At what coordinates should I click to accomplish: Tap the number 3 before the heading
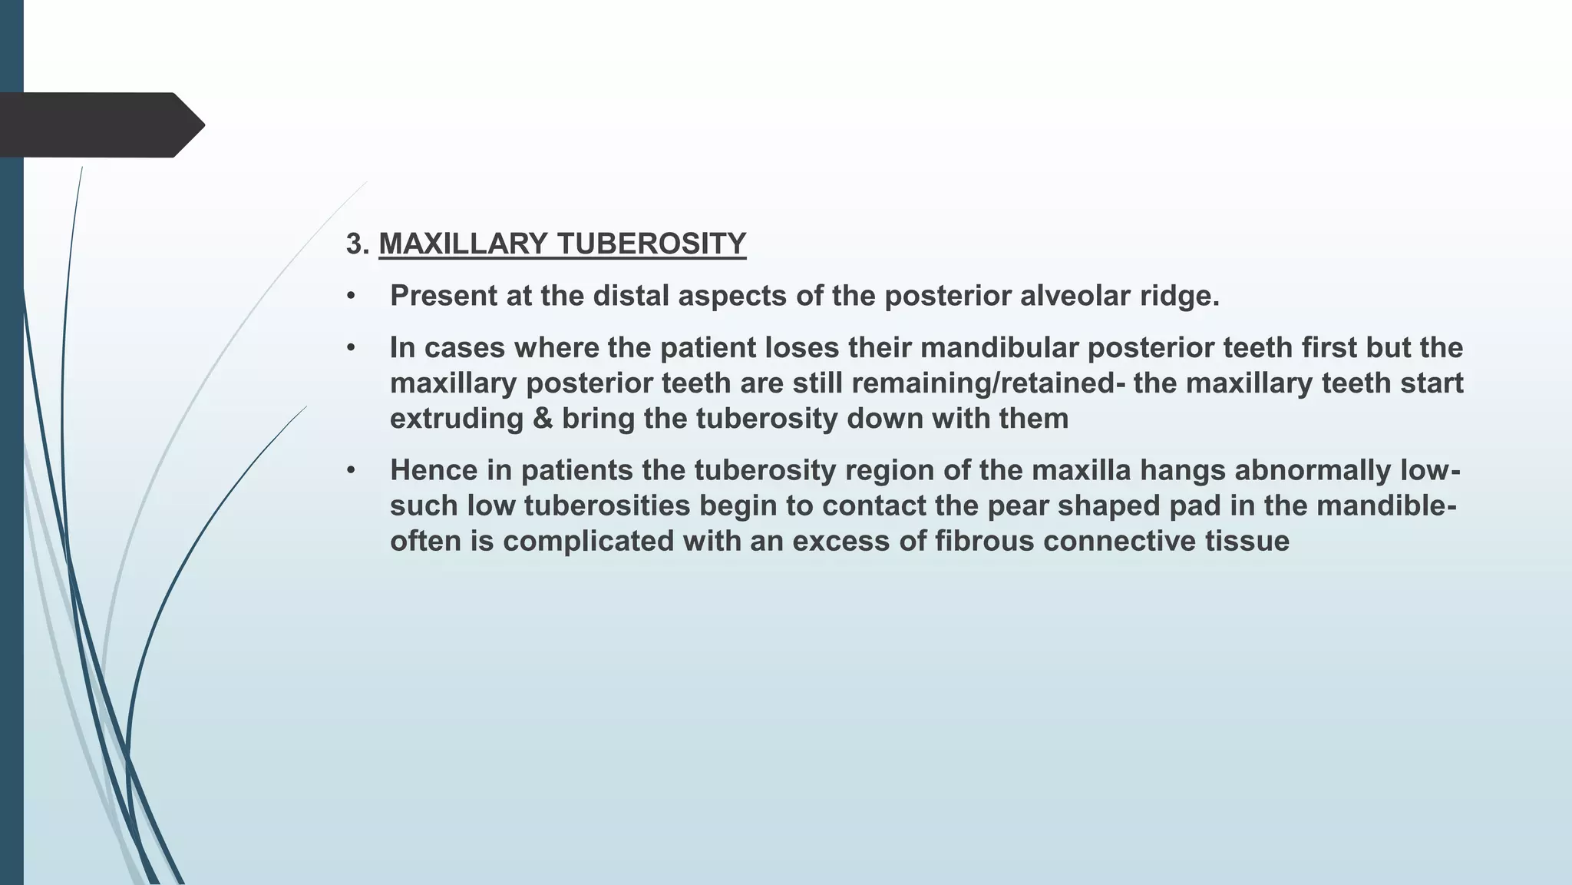coord(355,244)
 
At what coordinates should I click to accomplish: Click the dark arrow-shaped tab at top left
coord(100,124)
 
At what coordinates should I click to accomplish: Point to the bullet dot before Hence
coord(351,470)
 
